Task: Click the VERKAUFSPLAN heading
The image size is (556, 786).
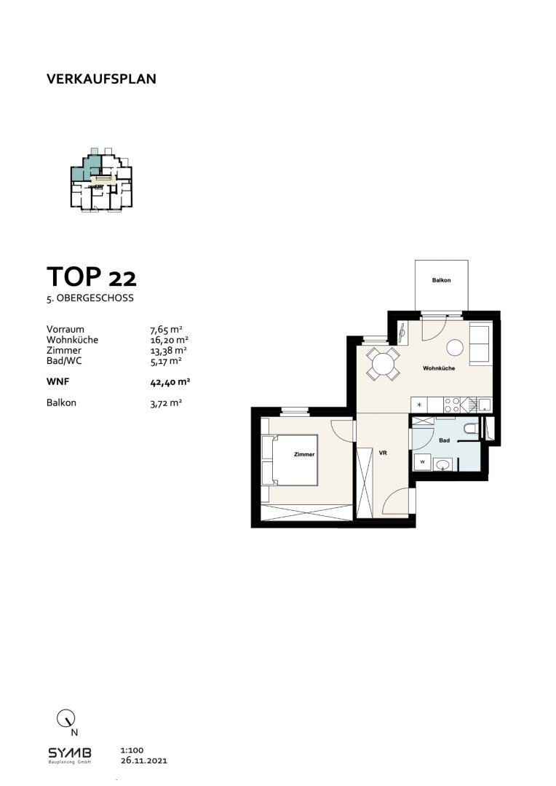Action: (101, 79)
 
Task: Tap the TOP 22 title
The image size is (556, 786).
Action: (91, 277)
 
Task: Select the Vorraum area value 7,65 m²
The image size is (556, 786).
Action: (166, 330)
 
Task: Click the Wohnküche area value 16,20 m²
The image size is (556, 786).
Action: (169, 340)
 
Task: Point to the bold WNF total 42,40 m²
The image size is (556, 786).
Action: (170, 382)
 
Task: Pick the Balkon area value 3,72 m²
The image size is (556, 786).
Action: (166, 403)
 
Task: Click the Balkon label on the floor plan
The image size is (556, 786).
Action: (441, 280)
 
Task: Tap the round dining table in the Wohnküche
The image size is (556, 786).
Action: (383, 363)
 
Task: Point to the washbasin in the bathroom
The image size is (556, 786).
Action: (442, 464)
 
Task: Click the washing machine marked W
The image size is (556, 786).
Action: (422, 461)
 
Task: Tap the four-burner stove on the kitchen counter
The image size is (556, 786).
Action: (452, 405)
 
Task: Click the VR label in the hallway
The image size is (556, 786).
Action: (383, 453)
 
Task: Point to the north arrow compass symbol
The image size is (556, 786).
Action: (65, 718)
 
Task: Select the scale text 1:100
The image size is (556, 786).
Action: (132, 750)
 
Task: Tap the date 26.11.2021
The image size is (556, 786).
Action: (144, 761)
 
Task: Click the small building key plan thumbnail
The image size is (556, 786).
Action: (102, 180)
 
